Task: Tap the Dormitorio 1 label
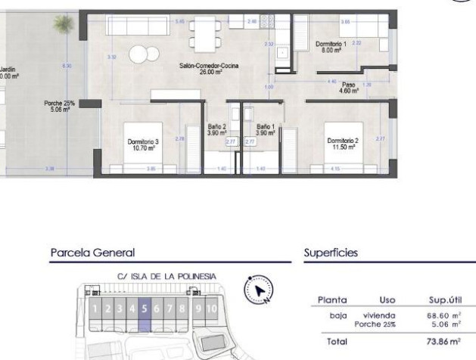(x=331, y=47)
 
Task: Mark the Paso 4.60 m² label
(x=349, y=87)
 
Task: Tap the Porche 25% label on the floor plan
(x=59, y=106)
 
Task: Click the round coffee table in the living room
(x=139, y=54)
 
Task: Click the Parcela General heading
(x=92, y=253)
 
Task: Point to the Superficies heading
(x=331, y=253)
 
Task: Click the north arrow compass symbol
(x=258, y=290)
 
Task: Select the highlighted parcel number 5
(x=144, y=308)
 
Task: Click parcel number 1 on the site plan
(x=95, y=308)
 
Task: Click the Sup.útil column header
(x=443, y=299)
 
